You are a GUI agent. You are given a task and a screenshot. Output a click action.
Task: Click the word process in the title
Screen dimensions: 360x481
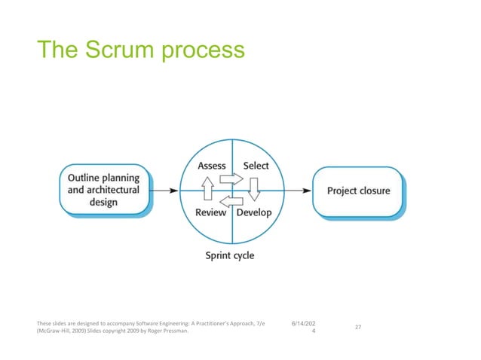pyautogui.click(x=202, y=51)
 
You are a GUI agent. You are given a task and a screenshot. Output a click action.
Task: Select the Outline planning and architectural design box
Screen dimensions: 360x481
pyautogui.click(x=104, y=191)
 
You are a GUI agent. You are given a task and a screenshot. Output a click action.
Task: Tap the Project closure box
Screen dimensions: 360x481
pyautogui.click(x=358, y=191)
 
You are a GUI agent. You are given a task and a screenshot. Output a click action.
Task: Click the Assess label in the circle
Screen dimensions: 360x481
pyautogui.click(x=212, y=166)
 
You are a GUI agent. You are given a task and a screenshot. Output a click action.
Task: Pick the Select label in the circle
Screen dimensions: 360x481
pyautogui.click(x=255, y=166)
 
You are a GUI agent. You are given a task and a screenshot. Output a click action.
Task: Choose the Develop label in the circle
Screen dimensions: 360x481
pyautogui.click(x=254, y=213)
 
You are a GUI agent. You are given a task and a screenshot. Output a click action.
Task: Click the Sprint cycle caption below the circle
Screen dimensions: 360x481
pyautogui.click(x=230, y=255)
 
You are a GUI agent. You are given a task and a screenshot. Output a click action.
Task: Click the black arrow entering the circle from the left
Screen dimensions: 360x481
pyautogui.click(x=165, y=191)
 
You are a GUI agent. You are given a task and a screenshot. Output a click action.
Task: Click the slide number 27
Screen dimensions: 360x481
pyautogui.click(x=358, y=328)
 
